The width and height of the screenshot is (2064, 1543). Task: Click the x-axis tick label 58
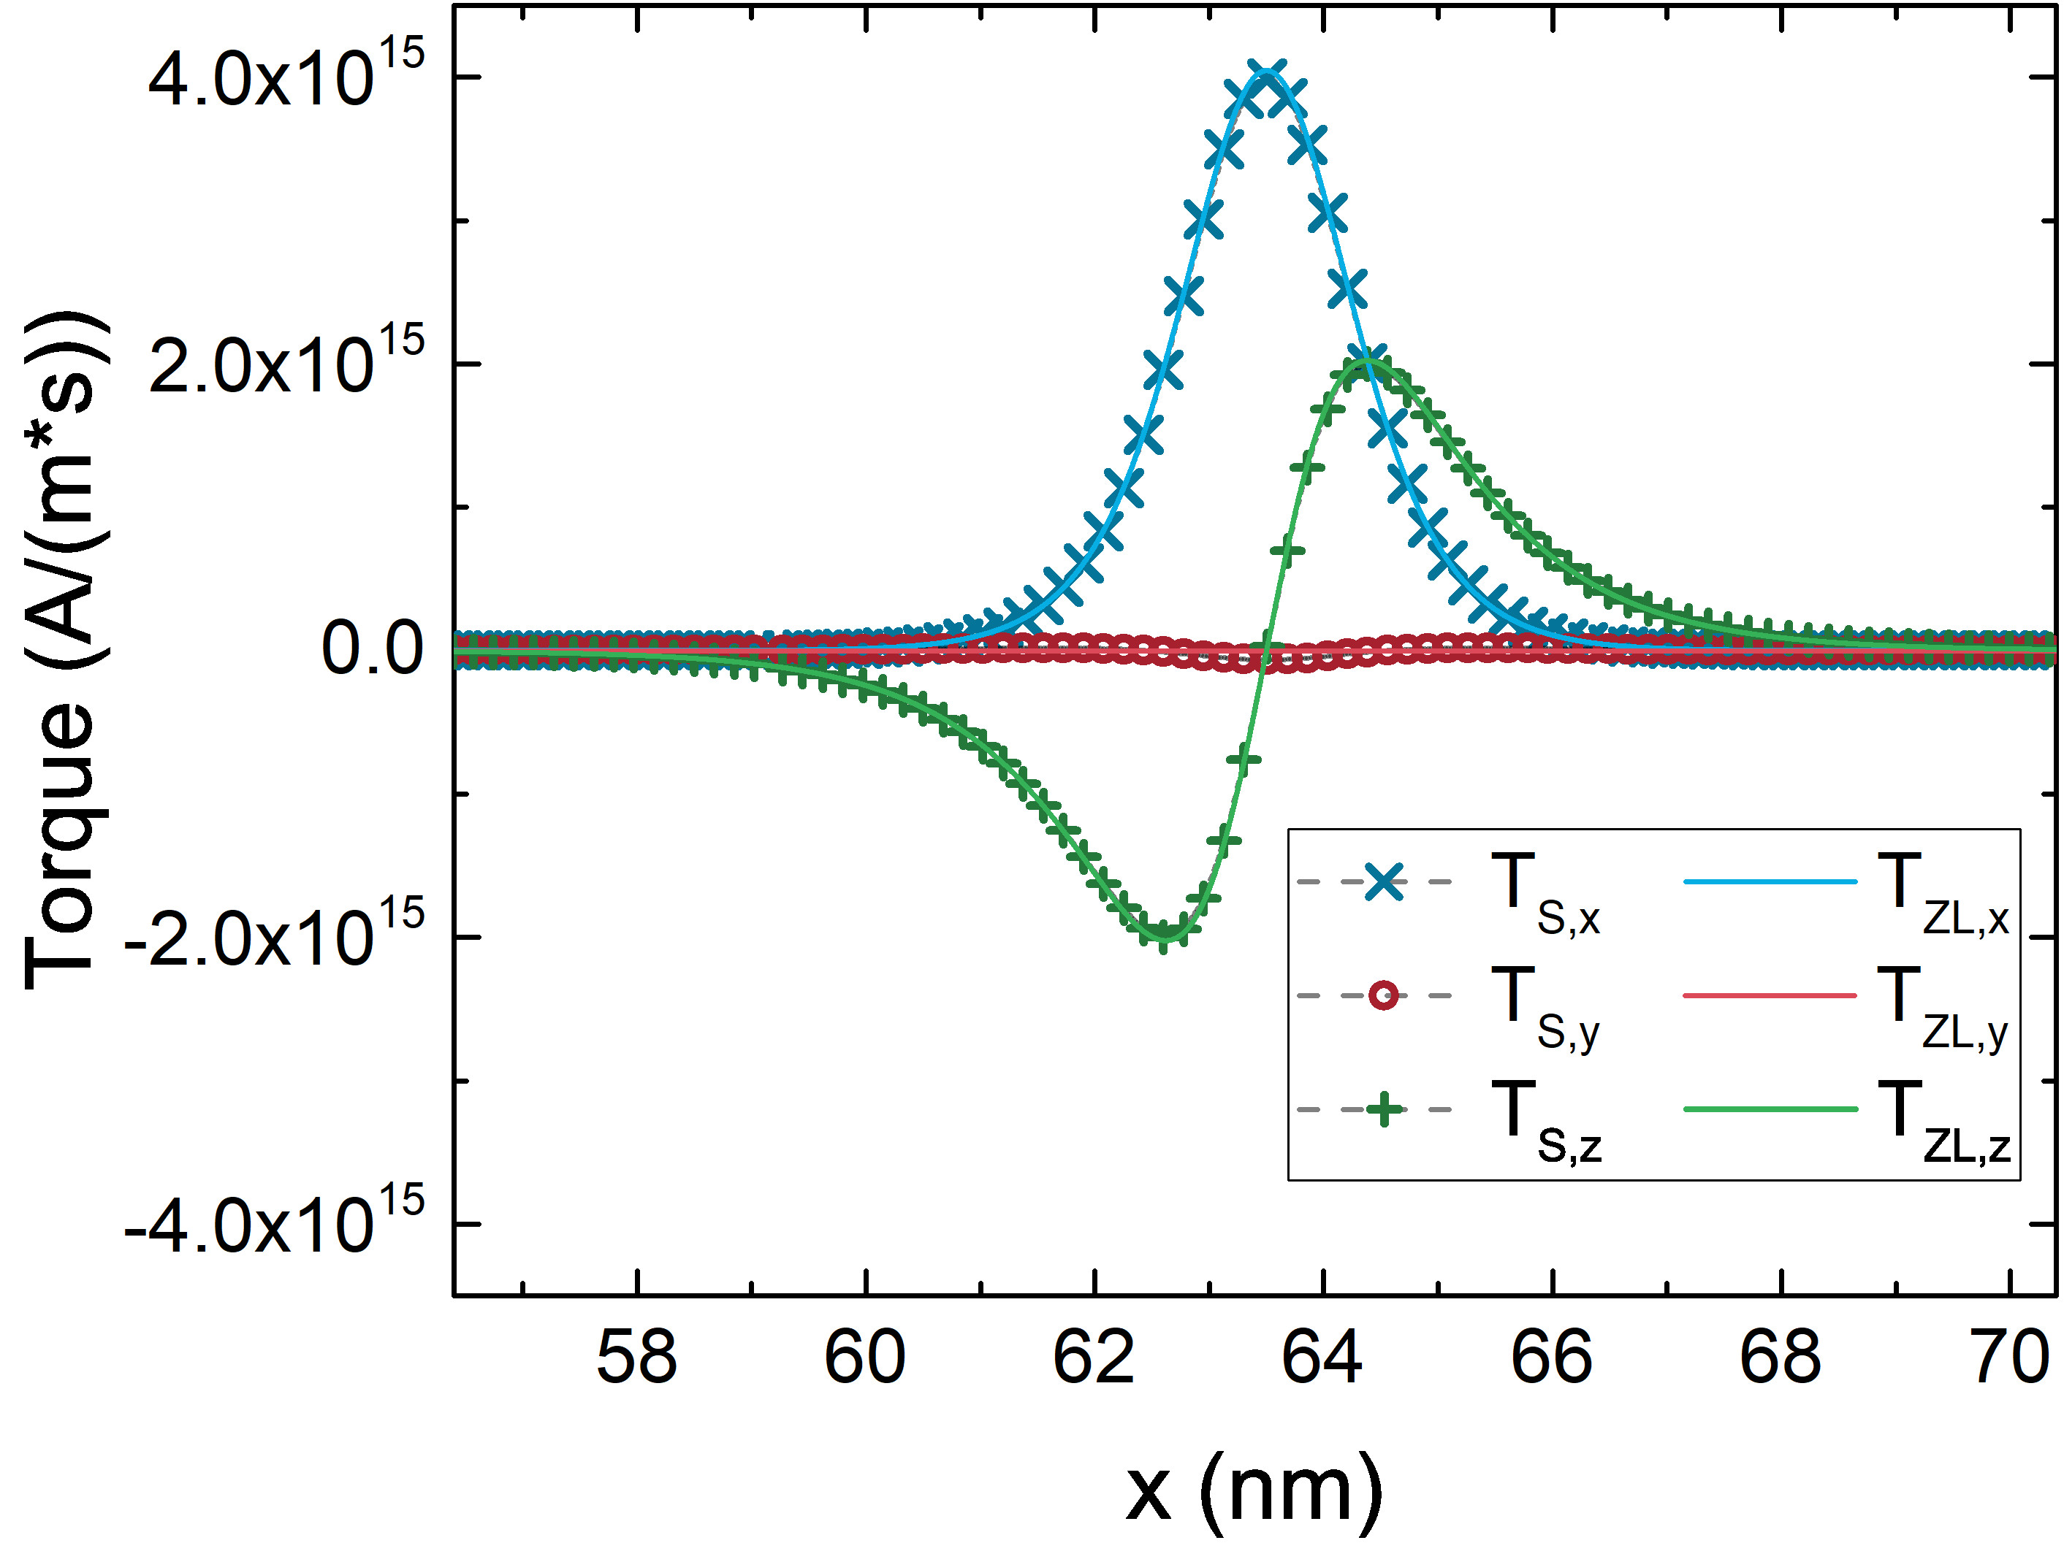tap(636, 1358)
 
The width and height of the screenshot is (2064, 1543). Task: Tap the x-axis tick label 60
tap(865, 1358)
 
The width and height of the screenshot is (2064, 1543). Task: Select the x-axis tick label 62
tap(1094, 1358)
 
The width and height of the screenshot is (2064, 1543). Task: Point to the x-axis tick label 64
tap(1322, 1358)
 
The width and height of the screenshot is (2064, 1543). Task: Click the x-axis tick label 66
tap(1551, 1358)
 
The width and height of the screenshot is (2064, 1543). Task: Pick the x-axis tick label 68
tap(1781, 1358)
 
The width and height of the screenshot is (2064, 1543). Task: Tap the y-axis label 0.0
tap(373, 649)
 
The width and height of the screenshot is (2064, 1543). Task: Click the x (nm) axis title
tap(1253, 1490)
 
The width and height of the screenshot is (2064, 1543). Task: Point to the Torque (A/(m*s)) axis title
tap(61, 649)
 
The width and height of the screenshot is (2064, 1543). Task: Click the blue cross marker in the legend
tap(1383, 881)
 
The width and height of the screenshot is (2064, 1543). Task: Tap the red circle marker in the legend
tap(1383, 995)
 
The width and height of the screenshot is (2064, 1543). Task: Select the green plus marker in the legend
tap(1383, 1109)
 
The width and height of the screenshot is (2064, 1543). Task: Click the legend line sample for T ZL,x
tap(1770, 881)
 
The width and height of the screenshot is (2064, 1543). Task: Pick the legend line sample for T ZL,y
tap(1770, 995)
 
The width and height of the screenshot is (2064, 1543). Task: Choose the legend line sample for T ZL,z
tap(1770, 1109)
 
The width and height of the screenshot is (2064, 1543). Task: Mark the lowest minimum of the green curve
tap(1164, 934)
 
